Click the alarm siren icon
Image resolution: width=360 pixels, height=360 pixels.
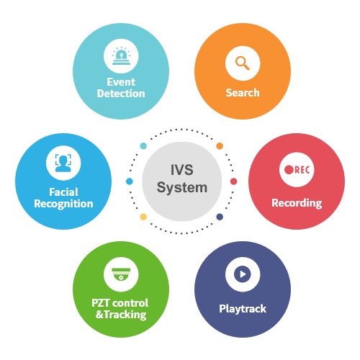(121, 55)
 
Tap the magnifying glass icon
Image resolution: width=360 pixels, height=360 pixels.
(243, 63)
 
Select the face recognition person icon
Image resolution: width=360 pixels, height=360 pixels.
(63, 163)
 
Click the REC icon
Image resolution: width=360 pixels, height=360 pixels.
(297, 170)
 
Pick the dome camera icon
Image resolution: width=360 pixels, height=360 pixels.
(121, 274)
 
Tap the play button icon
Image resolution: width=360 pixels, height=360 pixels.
(243, 274)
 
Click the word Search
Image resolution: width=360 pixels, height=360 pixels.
(243, 93)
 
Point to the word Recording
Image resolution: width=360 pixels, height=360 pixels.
(297, 203)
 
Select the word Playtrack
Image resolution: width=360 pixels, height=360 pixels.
(243, 309)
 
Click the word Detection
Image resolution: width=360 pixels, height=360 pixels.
(121, 94)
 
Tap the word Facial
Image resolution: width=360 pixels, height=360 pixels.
(63, 192)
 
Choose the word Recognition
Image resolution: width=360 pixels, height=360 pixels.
(63, 204)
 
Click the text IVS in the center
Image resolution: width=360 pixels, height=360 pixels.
(181, 170)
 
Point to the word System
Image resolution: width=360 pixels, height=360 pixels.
(182, 188)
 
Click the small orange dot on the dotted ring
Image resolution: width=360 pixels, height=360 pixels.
(220, 145)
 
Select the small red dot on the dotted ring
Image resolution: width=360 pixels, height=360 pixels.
(233, 181)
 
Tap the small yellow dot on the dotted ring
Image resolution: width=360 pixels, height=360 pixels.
(143, 217)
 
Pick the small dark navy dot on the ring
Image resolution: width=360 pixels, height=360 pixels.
(220, 217)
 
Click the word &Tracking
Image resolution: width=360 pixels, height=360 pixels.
(121, 315)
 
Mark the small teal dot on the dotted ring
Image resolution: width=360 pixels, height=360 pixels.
(143, 145)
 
